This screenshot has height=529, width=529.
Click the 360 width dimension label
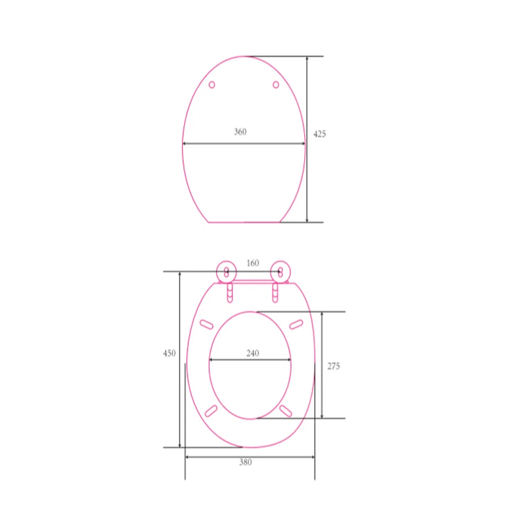coord(240,132)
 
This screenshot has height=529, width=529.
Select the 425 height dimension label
coord(320,134)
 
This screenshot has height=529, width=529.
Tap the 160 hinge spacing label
coord(252,263)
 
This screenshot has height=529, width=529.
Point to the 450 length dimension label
coord(169,353)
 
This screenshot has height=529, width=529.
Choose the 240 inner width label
coord(252,353)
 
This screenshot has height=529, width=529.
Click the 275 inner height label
coord(333,366)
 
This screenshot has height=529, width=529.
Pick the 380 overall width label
coord(245,462)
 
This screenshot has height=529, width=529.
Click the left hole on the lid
coord(212,85)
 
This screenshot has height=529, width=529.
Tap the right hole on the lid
coord(276,85)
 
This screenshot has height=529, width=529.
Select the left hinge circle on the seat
coord(226,271)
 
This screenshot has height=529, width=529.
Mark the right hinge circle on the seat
coord(280,271)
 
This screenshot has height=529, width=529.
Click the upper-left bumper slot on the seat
coord(207,324)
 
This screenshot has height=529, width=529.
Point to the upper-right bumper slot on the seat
coord(296,324)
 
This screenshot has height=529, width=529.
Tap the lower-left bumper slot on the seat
coord(210,411)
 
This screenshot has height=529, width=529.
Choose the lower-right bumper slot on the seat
coord(285,411)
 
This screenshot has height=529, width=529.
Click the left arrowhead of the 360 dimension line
coord(185,144)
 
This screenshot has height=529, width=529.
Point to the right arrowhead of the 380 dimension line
coord(312,457)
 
